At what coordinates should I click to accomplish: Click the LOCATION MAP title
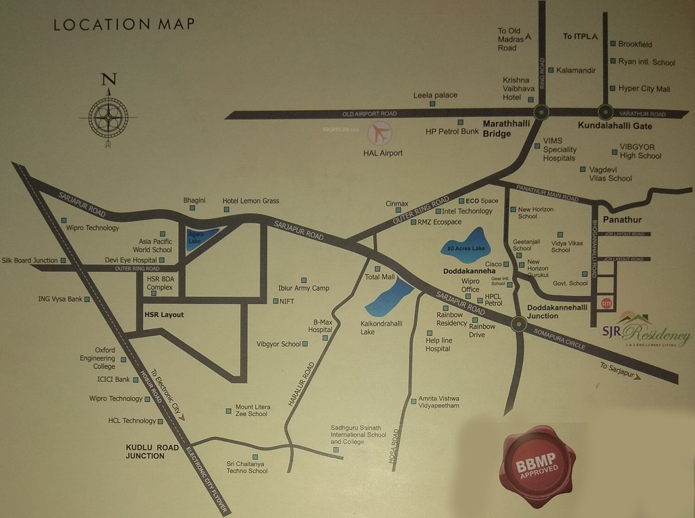pos(124,24)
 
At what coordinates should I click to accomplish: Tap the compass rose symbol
pos(107,117)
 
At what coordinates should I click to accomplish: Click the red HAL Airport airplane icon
pos(380,134)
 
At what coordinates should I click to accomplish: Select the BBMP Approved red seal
pos(537,464)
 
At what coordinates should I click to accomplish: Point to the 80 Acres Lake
pos(466,247)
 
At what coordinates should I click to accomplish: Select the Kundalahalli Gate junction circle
pos(605,113)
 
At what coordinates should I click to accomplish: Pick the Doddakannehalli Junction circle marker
pos(518,324)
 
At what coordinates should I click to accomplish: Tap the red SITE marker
pos(605,304)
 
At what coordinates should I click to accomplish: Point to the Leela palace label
pos(435,95)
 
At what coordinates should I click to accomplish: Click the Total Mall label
pos(380,277)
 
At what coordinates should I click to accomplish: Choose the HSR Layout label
pos(164,315)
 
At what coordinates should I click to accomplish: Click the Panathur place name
pos(622,220)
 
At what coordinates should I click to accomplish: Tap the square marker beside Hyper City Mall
pos(612,88)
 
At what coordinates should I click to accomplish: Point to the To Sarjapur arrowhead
pos(636,376)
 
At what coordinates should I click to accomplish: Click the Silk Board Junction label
pos(30,260)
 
